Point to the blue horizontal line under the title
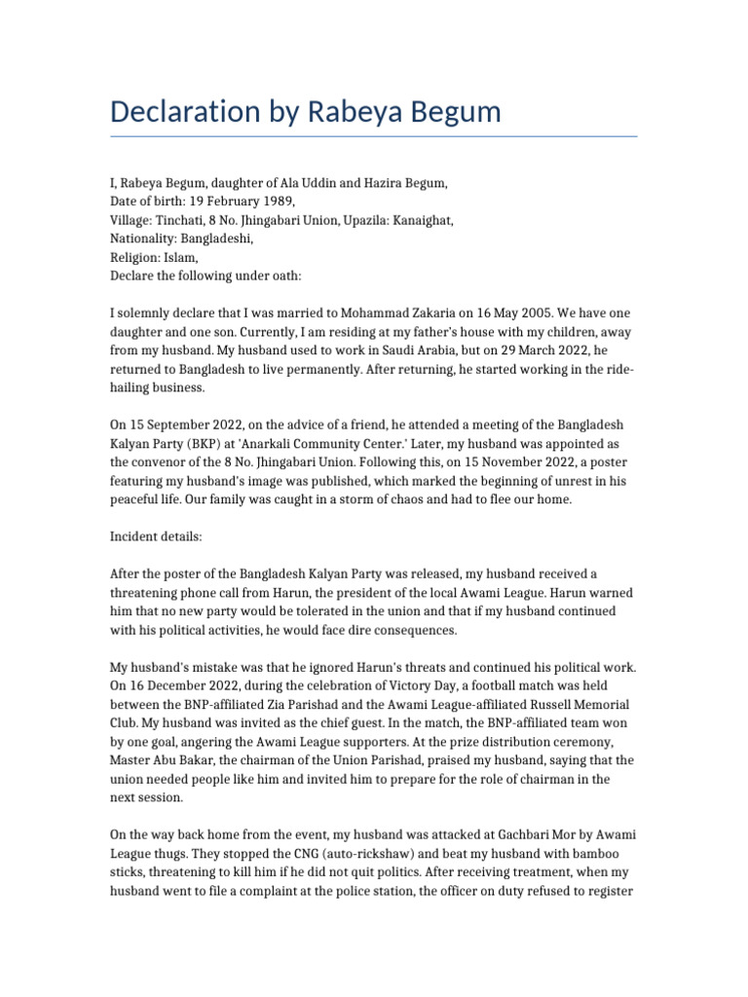pos(373,136)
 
